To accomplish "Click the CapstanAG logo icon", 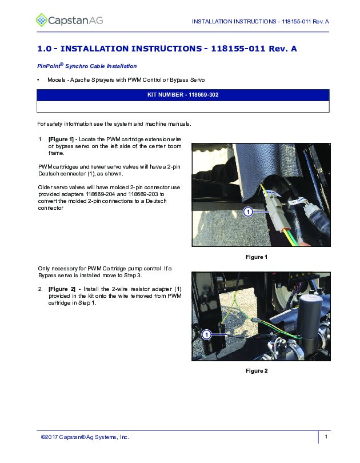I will (x=42, y=21).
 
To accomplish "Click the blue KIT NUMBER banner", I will (x=183, y=95).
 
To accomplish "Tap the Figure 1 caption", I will (x=257, y=257).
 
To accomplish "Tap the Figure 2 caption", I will (x=257, y=371).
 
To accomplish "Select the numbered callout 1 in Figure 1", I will (x=248, y=212).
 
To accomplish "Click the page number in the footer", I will (x=325, y=437).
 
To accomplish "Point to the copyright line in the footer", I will (x=85, y=437).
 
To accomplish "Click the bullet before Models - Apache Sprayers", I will (x=39, y=79).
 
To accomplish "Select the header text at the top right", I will (x=260, y=22).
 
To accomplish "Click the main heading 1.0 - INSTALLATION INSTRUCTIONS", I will (x=167, y=49).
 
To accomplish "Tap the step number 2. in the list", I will (x=41, y=289).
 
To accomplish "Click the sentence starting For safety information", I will (x=114, y=124).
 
